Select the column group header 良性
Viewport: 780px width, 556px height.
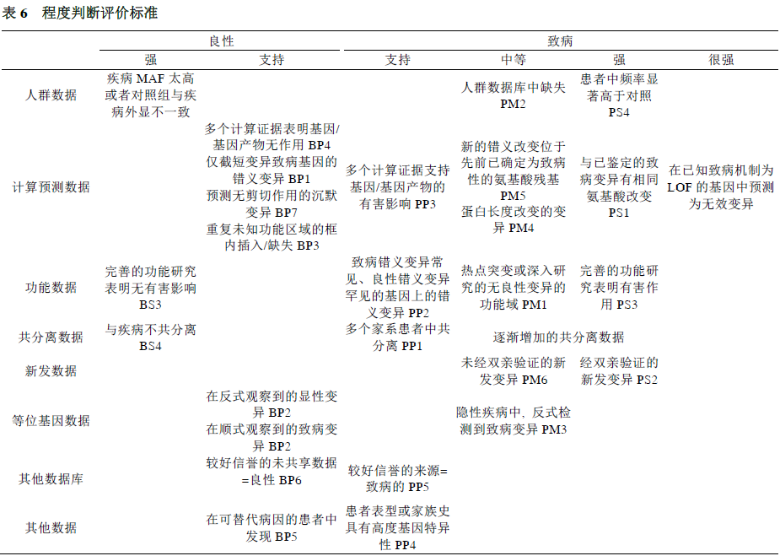tap(221, 41)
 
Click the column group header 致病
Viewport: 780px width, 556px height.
tap(561, 41)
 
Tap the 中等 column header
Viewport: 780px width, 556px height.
tap(514, 60)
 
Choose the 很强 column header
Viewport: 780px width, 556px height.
tap(721, 60)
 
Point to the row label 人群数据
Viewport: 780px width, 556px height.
tap(51, 94)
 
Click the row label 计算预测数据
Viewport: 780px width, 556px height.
tap(51, 186)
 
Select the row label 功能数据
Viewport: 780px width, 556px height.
tap(51, 287)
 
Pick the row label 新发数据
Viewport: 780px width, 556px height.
tap(51, 370)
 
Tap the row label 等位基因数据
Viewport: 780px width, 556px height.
tap(51, 420)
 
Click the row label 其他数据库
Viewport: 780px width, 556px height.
tap(51, 478)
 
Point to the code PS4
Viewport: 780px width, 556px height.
tap(619, 111)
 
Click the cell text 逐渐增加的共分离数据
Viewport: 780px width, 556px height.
tap(558, 337)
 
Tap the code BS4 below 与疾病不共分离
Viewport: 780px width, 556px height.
tap(150, 345)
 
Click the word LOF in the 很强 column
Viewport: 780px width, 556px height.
tap(680, 186)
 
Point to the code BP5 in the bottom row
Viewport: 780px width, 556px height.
tap(284, 536)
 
